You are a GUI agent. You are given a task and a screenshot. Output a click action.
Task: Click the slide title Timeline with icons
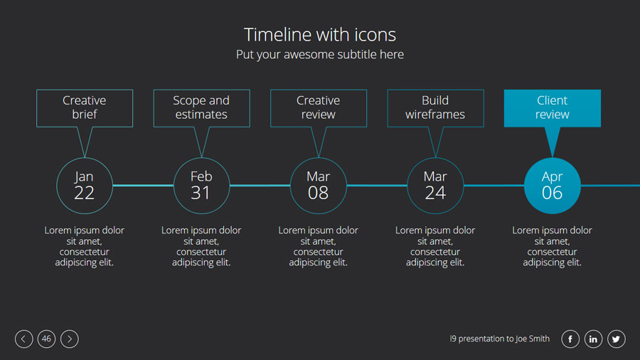(319, 35)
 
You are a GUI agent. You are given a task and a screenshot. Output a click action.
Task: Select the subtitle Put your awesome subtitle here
(319, 54)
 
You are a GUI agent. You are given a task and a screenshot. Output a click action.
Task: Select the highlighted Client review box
(553, 108)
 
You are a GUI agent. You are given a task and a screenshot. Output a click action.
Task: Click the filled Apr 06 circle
(553, 186)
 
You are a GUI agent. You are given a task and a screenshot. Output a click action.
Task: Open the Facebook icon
(570, 339)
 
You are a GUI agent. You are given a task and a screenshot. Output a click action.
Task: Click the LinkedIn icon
(593, 339)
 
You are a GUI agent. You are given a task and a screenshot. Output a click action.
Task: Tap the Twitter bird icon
(617, 339)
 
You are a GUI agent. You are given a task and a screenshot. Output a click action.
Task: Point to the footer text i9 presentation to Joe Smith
(500, 339)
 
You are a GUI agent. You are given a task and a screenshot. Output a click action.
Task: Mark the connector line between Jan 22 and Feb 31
(143, 186)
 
